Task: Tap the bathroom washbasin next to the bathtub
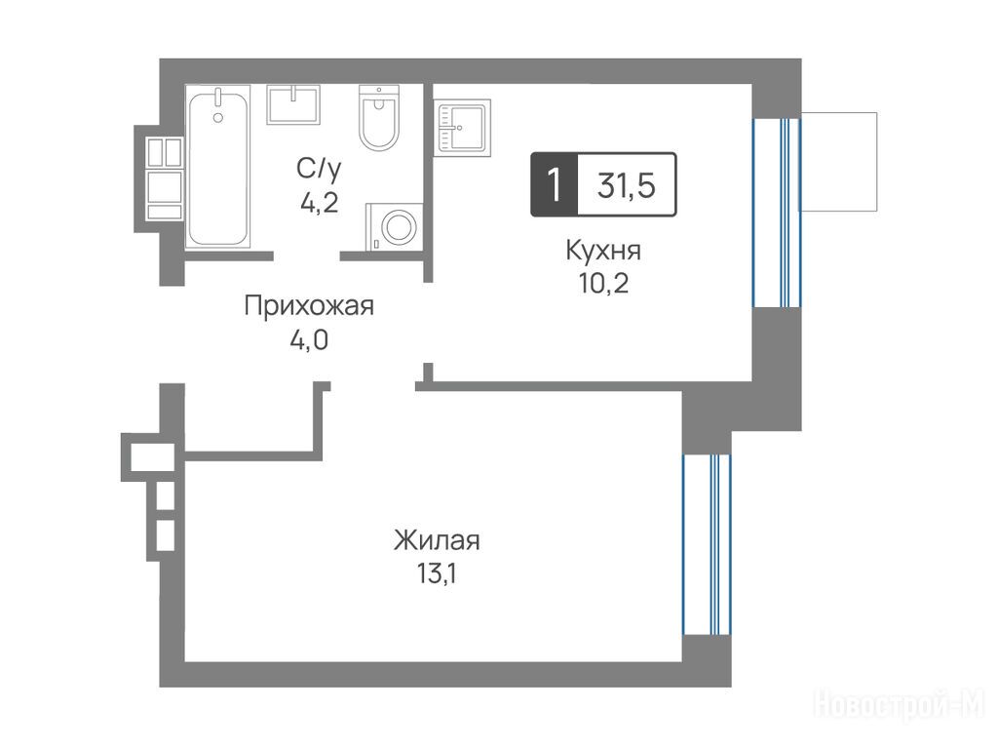point(293,104)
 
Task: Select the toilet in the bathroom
point(379,118)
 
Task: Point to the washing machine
point(395,226)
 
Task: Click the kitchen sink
point(462,128)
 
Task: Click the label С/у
point(319,170)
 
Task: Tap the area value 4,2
point(320,203)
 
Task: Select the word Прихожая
point(309,306)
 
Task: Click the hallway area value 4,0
point(309,340)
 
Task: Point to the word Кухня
point(603,251)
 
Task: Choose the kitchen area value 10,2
point(604,284)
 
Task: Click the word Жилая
point(438,540)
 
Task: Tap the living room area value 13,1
point(438,574)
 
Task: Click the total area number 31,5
point(627,184)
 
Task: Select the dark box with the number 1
point(555,184)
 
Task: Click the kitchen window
point(777,213)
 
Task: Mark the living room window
point(708,544)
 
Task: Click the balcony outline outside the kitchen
point(839,162)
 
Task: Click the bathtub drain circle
point(218,117)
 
